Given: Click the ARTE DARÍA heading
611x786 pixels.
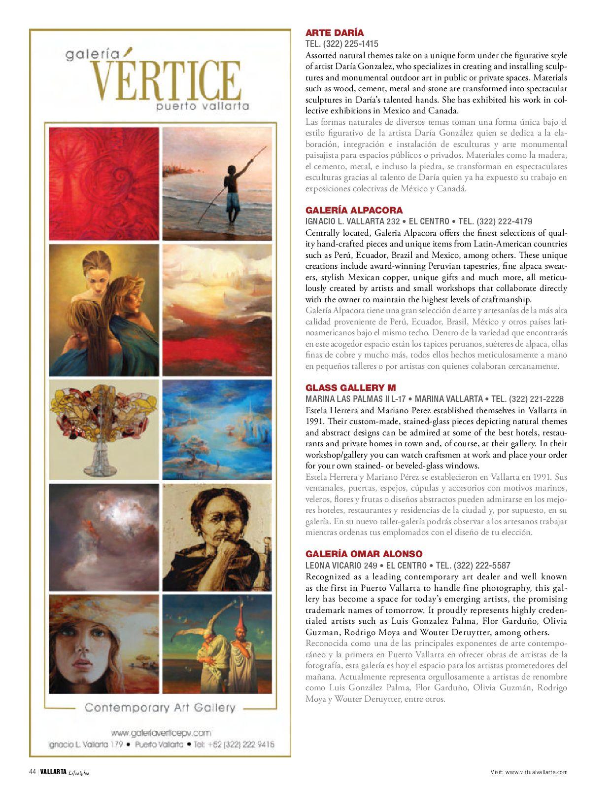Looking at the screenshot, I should tap(335, 33).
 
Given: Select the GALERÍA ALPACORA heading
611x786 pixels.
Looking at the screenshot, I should tap(354, 210).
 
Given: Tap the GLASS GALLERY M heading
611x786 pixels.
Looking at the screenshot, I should tap(350, 388).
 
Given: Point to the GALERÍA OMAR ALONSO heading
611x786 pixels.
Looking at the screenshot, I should tap(364, 554).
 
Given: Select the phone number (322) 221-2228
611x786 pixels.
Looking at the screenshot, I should tap(537, 399).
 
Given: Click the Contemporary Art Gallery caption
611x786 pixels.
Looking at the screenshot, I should tap(160, 708).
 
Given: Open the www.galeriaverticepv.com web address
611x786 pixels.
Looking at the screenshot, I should tap(161, 733).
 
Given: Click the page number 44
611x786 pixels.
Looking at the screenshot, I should tap(32, 772).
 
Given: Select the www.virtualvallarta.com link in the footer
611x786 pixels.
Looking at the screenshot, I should tap(536, 772).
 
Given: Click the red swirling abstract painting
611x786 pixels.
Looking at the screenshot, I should tap(104, 183).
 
